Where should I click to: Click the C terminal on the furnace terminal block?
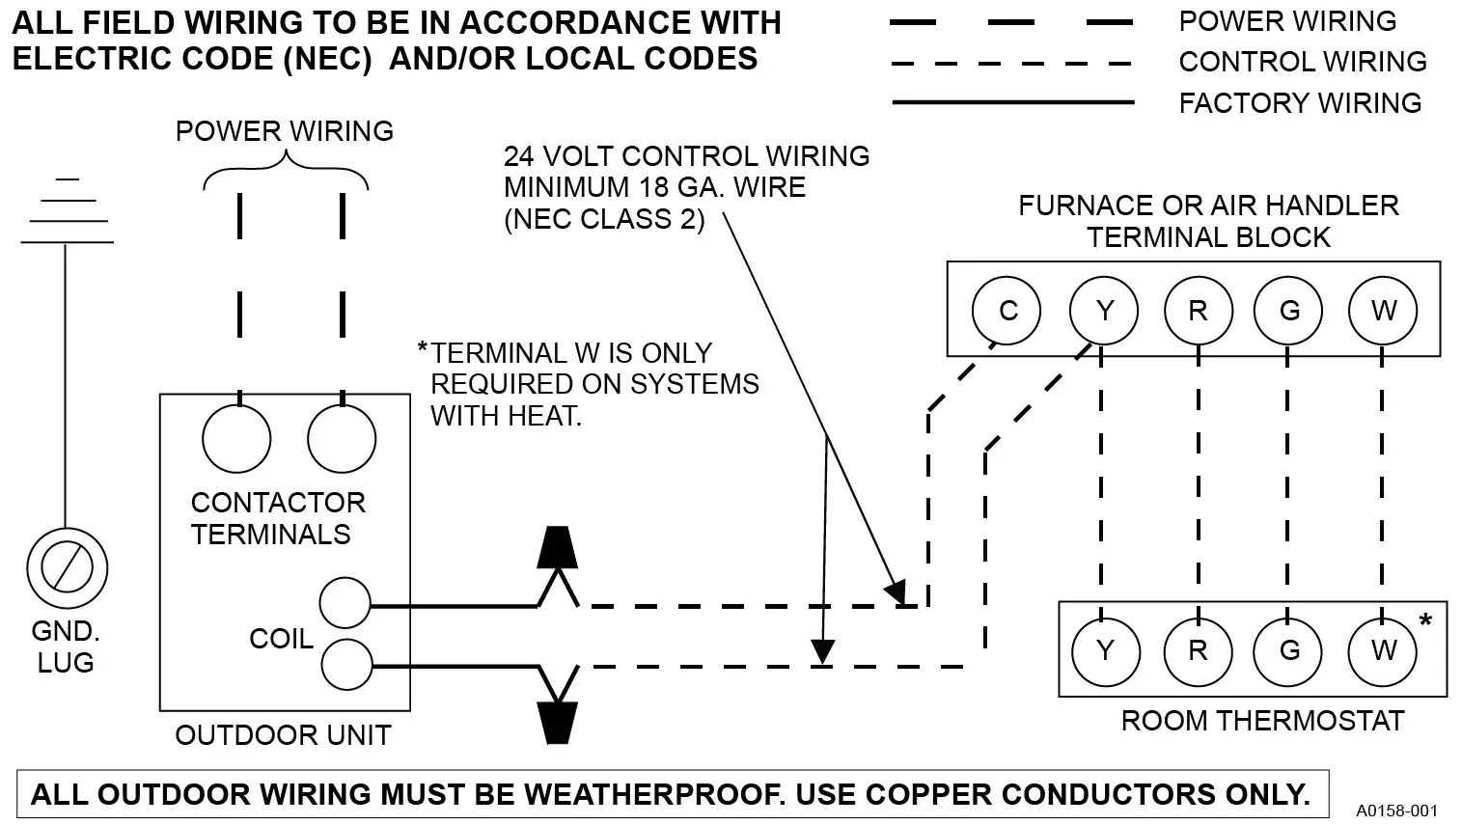pos(1007,311)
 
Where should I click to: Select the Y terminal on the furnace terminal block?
pos(1104,311)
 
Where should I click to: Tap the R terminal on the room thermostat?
pos(1198,650)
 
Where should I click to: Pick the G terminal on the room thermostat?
pos(1288,650)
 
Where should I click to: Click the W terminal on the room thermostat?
pos(1383,650)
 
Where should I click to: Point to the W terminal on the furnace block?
pos(1383,311)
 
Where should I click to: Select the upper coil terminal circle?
pos(345,604)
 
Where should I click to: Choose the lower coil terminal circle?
pos(345,664)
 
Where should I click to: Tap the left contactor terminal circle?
pos(236,438)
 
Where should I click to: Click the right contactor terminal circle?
pos(341,438)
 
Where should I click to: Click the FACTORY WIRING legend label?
pos(1300,102)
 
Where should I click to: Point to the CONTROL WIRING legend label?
pos(1302,62)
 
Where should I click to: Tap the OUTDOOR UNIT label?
pos(283,735)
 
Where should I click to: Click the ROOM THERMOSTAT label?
pos(1261,721)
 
